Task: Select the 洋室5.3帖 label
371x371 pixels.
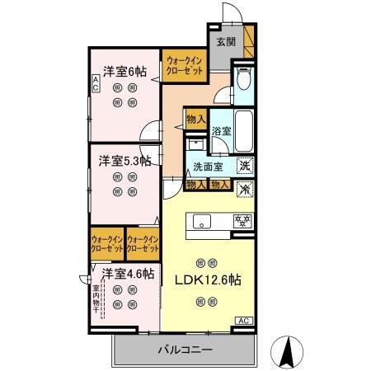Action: coord(125,160)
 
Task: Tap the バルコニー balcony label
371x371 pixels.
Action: coord(185,350)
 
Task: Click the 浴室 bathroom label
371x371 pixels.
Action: coord(221,132)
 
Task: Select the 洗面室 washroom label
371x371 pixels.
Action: coord(208,167)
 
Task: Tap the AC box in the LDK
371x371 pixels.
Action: coord(245,321)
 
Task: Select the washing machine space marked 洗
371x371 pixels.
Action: coord(245,167)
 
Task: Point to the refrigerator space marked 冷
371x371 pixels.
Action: coord(245,189)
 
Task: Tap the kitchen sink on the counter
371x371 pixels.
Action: coord(203,221)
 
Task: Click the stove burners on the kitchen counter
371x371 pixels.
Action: coord(242,221)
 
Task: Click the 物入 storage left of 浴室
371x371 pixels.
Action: coord(195,120)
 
